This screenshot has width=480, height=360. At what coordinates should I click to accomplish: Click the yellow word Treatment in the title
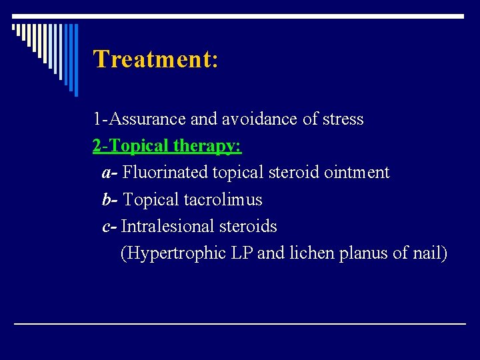click(x=151, y=59)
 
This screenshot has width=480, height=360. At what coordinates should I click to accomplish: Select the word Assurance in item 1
click(x=148, y=119)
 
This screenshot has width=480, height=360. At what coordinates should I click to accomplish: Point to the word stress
click(x=343, y=119)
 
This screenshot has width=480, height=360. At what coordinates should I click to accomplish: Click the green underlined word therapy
click(x=207, y=146)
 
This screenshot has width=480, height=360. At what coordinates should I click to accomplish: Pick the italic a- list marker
click(x=110, y=173)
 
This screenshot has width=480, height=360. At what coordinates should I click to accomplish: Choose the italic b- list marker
click(x=110, y=199)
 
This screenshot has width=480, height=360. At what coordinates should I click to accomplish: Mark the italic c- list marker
click(x=109, y=227)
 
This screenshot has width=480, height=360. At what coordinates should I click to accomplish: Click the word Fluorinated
click(x=165, y=173)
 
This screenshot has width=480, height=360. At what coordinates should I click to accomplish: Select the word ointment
click(x=357, y=173)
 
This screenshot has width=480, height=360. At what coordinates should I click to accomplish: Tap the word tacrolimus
click(x=223, y=199)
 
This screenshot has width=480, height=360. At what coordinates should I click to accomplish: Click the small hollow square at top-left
click(x=15, y=29)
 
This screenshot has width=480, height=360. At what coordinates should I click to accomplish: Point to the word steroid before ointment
click(x=294, y=173)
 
